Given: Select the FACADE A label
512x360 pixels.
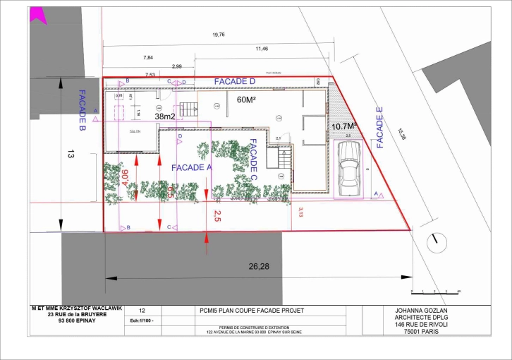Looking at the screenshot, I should coord(192,167).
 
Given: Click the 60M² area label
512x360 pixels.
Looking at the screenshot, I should coord(245,100).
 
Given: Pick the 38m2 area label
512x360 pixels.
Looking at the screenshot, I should coord(164,116).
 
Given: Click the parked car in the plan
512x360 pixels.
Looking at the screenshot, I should coord(349,167).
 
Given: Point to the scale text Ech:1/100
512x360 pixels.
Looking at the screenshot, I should coord(142,320).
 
